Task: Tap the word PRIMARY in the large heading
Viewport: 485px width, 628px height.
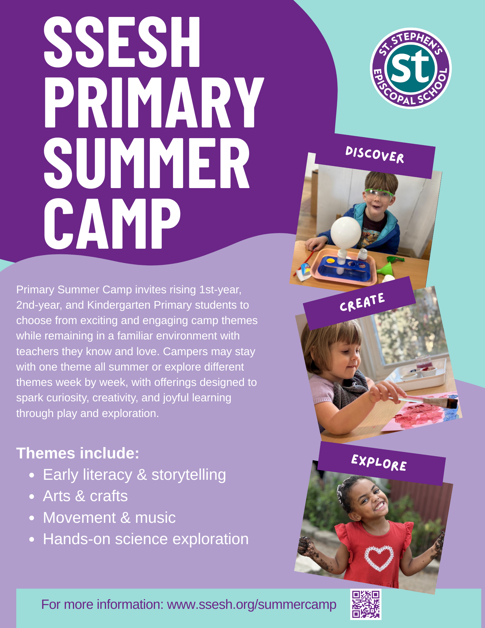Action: (x=154, y=102)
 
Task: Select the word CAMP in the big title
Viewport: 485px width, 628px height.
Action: (x=112, y=223)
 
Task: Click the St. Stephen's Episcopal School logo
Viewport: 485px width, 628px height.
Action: (x=411, y=68)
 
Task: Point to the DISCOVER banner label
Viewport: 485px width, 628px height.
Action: (x=375, y=155)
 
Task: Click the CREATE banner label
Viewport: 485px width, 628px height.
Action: (x=362, y=302)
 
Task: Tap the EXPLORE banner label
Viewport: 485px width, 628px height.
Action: (x=379, y=463)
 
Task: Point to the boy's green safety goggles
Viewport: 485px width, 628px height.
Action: (x=379, y=195)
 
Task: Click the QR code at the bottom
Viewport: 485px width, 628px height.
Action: (x=366, y=604)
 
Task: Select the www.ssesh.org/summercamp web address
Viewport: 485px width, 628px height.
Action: (x=251, y=605)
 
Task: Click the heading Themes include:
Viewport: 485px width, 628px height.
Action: (x=78, y=453)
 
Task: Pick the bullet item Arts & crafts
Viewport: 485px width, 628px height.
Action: (x=85, y=496)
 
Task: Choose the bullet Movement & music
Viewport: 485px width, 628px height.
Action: (x=109, y=517)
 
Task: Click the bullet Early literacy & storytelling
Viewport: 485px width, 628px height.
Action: (x=134, y=475)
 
